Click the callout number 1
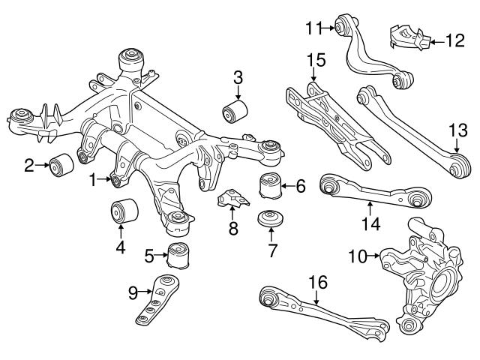coord(93,180)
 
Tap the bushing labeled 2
coord(59,164)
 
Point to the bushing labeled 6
coord(271,184)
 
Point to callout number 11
coord(312,28)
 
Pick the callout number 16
coord(318,283)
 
